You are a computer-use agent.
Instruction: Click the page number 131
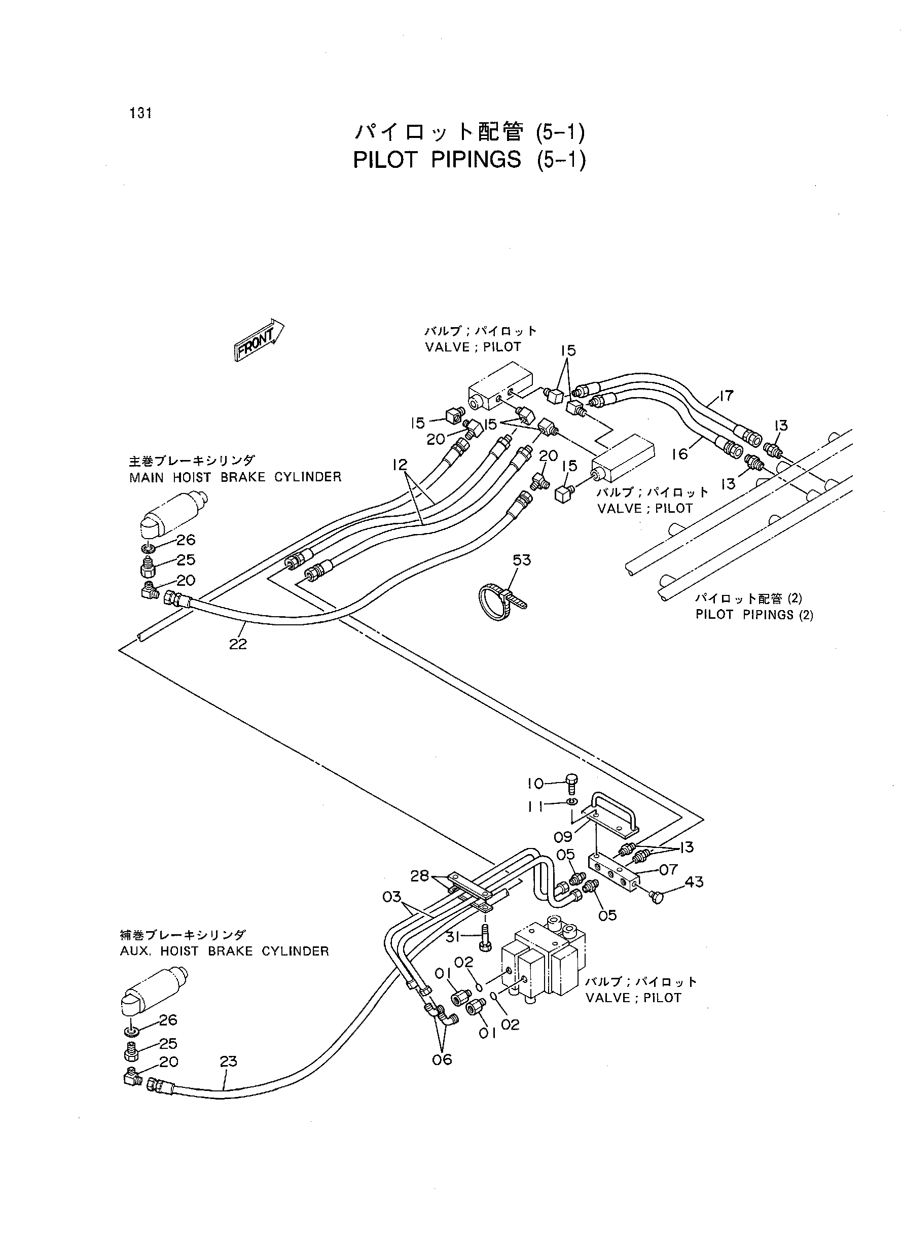click(141, 113)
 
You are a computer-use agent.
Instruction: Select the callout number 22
click(238, 645)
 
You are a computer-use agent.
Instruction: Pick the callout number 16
click(679, 454)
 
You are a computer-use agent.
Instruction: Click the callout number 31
click(453, 937)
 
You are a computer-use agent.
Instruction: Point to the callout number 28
click(420, 876)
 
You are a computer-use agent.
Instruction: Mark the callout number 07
click(668, 869)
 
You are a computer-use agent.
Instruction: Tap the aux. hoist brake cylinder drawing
click(154, 991)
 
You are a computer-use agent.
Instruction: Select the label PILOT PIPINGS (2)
click(754, 615)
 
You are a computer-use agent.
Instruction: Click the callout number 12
click(400, 465)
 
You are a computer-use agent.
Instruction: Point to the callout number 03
click(392, 897)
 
